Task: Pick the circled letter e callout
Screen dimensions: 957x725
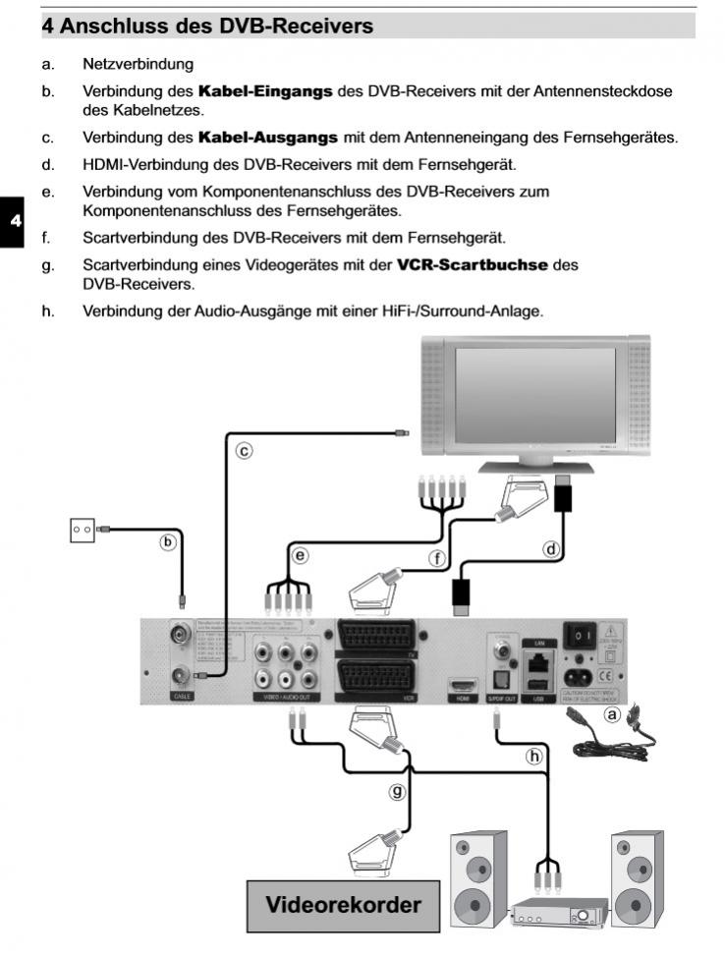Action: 301,555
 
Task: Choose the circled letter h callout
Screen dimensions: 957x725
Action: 534,756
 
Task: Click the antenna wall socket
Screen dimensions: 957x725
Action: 82,530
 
